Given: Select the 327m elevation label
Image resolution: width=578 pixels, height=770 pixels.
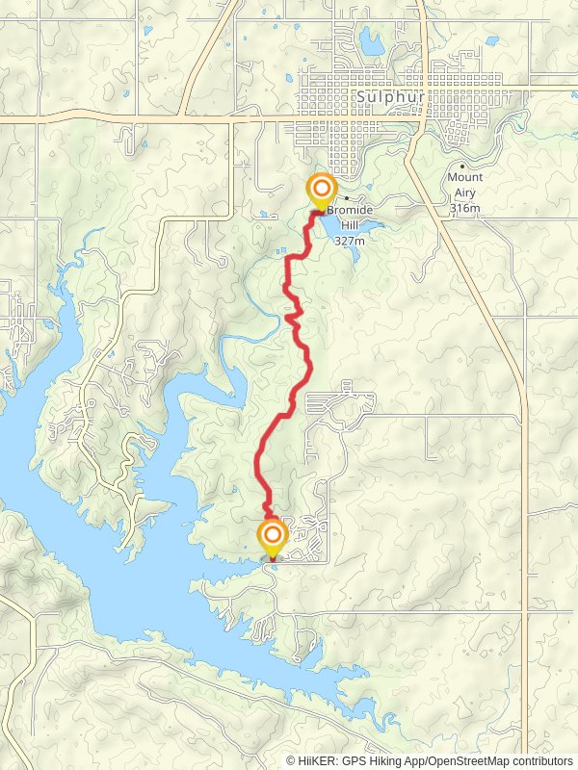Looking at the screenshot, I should pos(350,241).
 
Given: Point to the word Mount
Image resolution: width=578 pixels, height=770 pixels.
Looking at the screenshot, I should pos(464,178).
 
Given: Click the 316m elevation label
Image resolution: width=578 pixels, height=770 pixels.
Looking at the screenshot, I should pos(464,208).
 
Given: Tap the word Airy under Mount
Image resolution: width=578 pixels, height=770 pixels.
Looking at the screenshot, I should pos(464,192).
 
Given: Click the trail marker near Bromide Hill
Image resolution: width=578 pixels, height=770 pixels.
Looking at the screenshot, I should pos(320,190).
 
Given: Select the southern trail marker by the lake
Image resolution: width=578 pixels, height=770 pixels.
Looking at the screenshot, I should pos(273,537).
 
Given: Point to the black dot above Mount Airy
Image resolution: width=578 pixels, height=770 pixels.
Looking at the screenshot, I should pos(462,167).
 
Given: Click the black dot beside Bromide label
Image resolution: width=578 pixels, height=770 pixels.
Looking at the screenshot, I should pos(346,198).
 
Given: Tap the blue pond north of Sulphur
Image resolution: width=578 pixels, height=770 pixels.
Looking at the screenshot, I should pos(371,41).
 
